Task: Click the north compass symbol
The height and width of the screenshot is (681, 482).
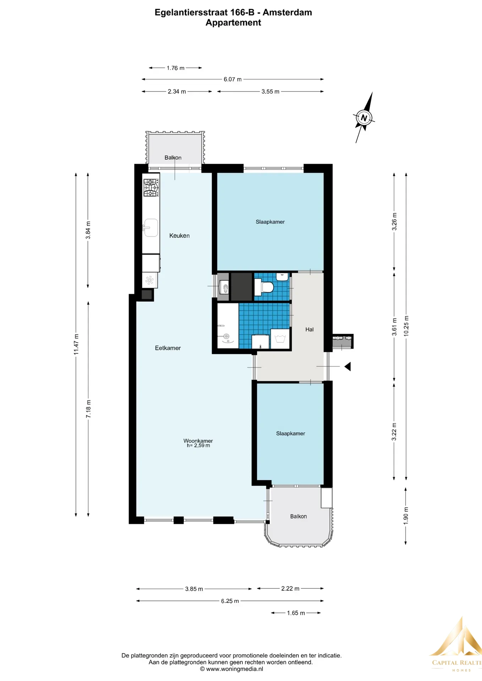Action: [364, 118]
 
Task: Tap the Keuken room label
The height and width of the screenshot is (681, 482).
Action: [179, 236]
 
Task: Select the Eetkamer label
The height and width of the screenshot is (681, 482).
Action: [168, 348]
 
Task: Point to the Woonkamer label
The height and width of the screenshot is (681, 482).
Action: [198, 441]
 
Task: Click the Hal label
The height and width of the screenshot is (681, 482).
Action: [310, 330]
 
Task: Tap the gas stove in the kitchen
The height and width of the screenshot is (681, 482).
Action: [151, 188]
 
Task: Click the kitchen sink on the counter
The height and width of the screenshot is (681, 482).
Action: [150, 228]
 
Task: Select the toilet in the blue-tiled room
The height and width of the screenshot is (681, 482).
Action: [264, 287]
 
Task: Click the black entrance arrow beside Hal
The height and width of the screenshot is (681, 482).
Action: [347, 366]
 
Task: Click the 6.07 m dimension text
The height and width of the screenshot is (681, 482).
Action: [232, 79]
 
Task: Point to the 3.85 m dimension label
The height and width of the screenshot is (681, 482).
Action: [194, 589]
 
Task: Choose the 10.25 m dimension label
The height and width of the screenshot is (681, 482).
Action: [406, 326]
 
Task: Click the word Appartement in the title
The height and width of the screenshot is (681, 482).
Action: [234, 23]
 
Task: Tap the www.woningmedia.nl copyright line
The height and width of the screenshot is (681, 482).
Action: [231, 669]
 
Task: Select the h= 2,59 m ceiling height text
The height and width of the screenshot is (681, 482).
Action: [198, 445]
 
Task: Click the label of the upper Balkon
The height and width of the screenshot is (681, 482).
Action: [173, 157]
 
